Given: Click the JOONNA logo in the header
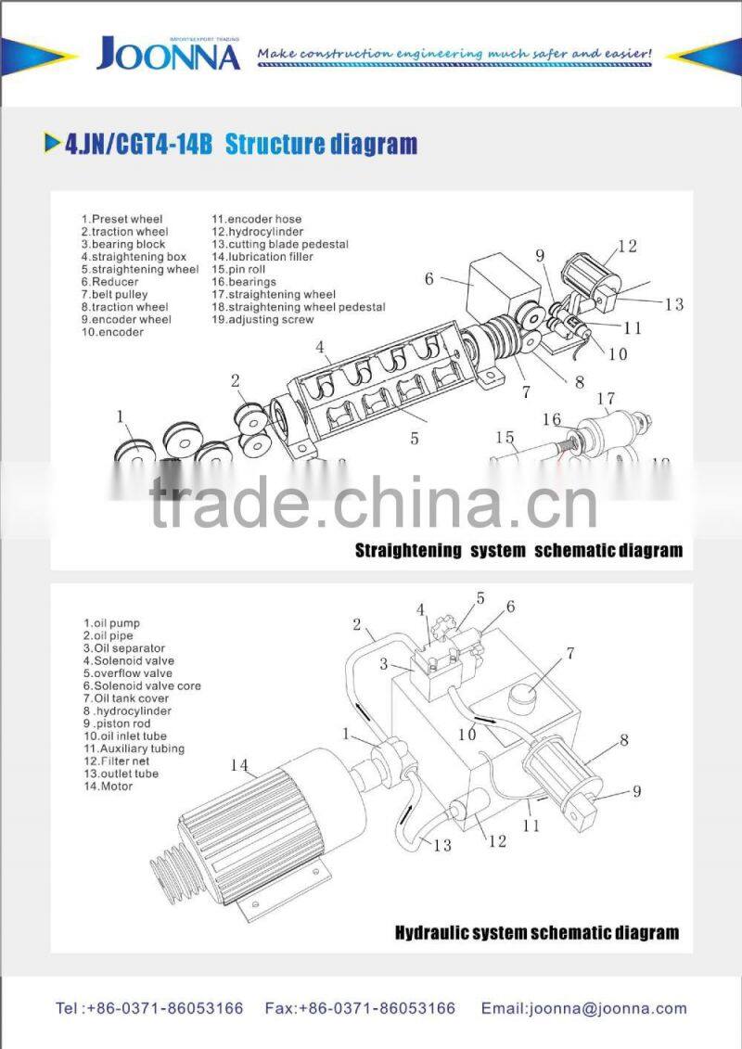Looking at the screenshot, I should click(x=168, y=55).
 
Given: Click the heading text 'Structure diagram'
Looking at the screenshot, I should click(x=321, y=145).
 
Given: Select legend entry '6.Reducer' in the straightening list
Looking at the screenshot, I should click(x=109, y=282).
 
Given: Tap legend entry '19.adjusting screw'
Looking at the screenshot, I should click(x=262, y=320).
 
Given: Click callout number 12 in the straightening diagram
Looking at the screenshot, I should click(x=628, y=246).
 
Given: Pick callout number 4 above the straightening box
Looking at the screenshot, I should click(x=319, y=349).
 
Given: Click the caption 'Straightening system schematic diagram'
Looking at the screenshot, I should click(x=518, y=551).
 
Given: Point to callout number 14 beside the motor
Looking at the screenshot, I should click(x=239, y=765).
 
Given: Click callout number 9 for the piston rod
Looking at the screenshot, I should click(x=635, y=791).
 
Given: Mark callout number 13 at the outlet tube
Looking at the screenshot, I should click(x=441, y=844).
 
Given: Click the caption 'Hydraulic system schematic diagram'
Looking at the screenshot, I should click(x=536, y=933).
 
